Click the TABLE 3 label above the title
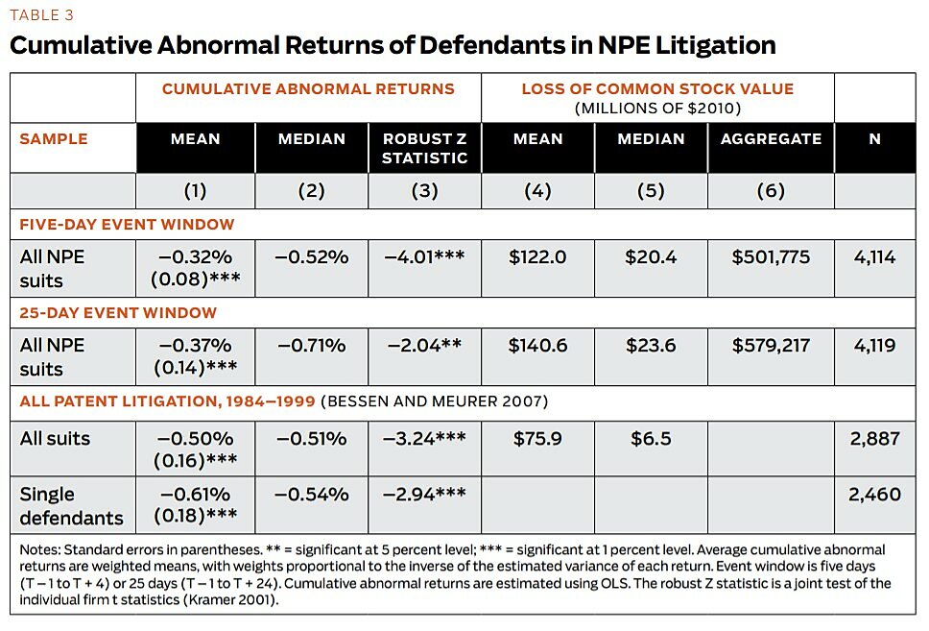(x=40, y=15)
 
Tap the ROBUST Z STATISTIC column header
(x=424, y=148)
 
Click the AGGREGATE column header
(x=771, y=138)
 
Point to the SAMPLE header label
(x=54, y=138)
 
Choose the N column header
(x=874, y=138)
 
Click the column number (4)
(x=537, y=190)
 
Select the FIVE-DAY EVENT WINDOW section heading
(x=127, y=225)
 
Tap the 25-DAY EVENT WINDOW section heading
(x=118, y=312)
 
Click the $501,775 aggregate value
(x=771, y=257)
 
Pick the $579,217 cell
(x=771, y=346)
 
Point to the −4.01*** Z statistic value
(x=424, y=257)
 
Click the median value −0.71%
(x=311, y=346)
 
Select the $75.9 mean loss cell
(x=537, y=439)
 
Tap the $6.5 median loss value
(x=651, y=439)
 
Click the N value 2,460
(x=874, y=495)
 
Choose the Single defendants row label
(x=72, y=506)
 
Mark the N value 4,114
(x=874, y=257)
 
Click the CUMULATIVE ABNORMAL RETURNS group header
(x=308, y=88)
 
